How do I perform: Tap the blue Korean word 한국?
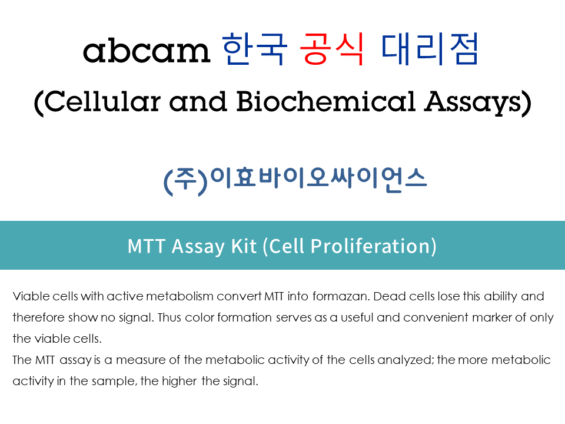[255, 49]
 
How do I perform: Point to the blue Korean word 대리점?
[430, 49]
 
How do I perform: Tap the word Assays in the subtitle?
[473, 102]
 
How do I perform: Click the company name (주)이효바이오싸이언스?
[295, 180]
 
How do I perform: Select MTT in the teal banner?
[147, 246]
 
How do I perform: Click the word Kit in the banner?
[244, 246]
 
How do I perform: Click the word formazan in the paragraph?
[341, 296]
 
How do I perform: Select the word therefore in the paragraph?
[39, 317]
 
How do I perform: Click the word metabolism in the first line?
[180, 296]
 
